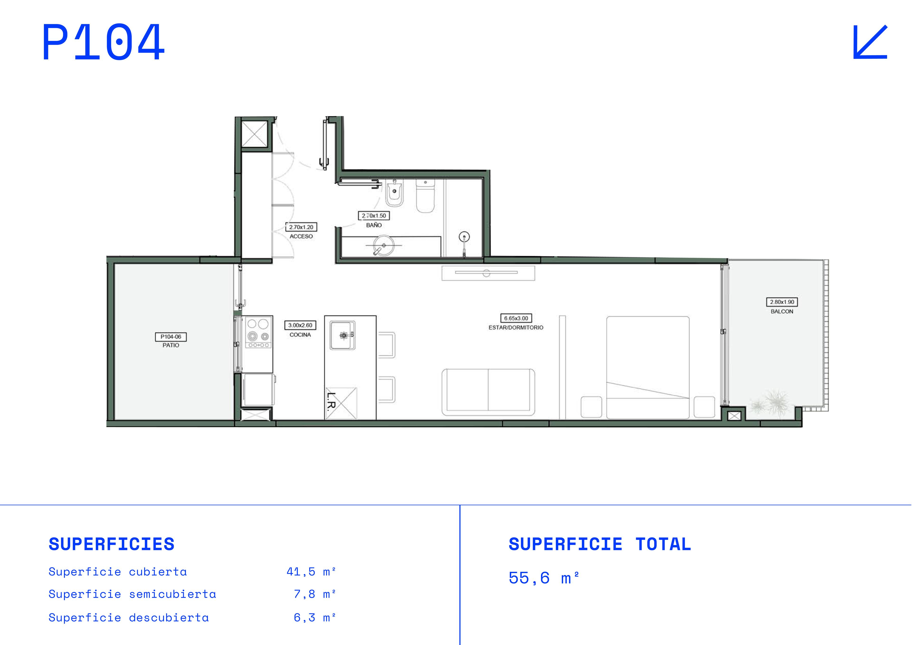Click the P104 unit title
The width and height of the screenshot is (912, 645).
pos(103,42)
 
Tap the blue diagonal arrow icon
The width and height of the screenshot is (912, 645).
pos(870,42)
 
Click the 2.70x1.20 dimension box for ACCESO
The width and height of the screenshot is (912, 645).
pos(301,227)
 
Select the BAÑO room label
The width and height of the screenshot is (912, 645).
pos(374,225)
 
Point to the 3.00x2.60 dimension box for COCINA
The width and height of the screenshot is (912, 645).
pos(300,325)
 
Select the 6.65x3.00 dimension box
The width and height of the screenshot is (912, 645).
pos(516,318)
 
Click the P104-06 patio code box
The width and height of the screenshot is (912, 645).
pos(171,337)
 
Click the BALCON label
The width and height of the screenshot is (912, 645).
pos(782,311)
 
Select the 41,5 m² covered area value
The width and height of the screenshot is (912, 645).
pos(311,572)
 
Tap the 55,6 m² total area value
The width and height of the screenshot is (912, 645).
pos(543,578)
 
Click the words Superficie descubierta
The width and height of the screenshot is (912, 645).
pos(129,618)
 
